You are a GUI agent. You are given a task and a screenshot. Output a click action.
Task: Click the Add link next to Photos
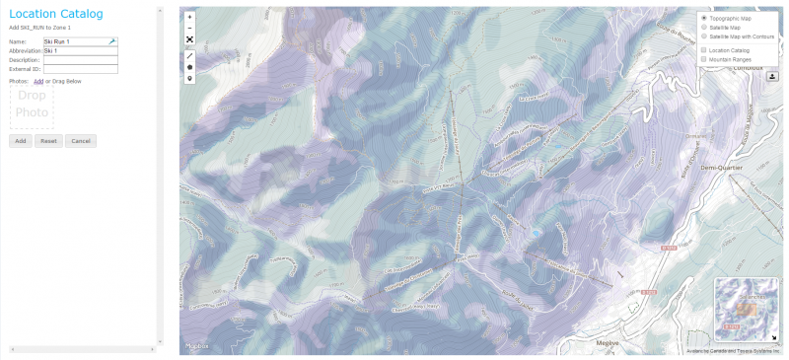click(x=38, y=81)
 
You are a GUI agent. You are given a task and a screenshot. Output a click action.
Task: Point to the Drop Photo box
click(x=32, y=106)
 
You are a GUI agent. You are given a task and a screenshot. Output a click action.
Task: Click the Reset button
click(x=49, y=141)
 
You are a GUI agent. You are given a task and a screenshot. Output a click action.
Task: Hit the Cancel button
click(x=81, y=141)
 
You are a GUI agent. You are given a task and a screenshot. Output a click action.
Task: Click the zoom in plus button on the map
click(x=189, y=18)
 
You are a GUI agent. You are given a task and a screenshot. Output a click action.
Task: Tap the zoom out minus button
click(x=189, y=29)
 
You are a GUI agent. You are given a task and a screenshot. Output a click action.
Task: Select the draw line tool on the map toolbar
click(x=189, y=55)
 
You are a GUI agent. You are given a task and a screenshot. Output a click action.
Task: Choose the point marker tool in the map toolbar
click(x=189, y=78)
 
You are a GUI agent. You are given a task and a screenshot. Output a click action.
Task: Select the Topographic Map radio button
click(x=703, y=19)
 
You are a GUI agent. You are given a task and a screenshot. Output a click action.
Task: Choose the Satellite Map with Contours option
click(x=703, y=36)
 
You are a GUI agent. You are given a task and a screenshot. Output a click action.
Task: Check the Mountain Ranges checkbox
click(x=703, y=59)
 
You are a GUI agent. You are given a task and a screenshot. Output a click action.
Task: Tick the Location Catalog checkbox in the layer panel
click(x=703, y=49)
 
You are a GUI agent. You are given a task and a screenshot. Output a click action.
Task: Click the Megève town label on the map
click(x=608, y=342)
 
